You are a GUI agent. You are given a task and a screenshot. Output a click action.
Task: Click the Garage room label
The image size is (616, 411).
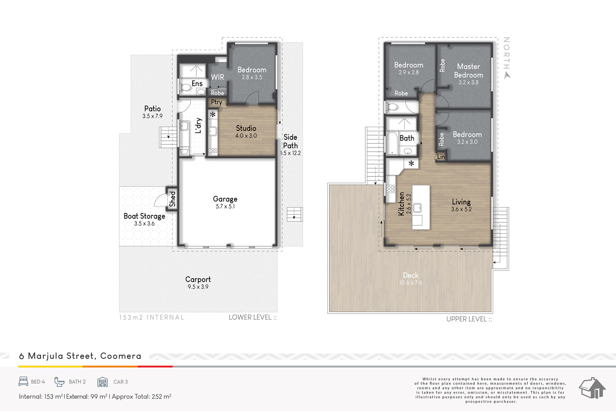[x=225, y=199]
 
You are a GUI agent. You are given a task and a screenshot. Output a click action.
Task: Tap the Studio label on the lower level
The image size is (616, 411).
[x=246, y=128]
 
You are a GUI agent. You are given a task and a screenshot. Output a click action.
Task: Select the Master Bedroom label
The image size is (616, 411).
[x=468, y=71]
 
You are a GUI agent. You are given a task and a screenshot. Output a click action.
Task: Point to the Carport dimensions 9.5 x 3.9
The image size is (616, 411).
[x=198, y=287]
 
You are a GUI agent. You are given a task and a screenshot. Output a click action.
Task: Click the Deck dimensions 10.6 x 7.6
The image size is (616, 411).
[x=410, y=282]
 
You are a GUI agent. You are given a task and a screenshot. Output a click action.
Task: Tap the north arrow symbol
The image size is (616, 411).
[x=507, y=75]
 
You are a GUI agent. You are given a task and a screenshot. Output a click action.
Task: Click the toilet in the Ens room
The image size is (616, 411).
[x=185, y=88]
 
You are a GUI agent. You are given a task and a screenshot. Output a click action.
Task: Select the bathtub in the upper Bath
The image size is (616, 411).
[x=392, y=143]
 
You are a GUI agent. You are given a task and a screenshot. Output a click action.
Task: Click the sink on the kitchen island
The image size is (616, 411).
[x=417, y=208]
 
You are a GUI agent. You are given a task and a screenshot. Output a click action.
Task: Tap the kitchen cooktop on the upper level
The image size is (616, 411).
[x=390, y=189]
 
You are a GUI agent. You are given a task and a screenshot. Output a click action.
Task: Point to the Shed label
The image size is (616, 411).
[x=172, y=199]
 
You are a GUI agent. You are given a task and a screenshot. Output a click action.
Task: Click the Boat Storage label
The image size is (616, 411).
[x=144, y=216]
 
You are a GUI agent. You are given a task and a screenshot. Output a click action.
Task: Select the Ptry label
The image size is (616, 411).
[x=216, y=102]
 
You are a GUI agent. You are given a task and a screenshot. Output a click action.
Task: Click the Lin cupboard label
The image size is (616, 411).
[x=441, y=156]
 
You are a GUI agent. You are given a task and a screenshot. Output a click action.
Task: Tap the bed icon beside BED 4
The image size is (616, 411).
[x=23, y=382]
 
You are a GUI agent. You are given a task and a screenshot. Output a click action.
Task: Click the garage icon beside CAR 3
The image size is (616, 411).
[x=102, y=382]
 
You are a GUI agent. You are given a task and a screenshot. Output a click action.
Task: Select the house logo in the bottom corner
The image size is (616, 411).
[x=592, y=388]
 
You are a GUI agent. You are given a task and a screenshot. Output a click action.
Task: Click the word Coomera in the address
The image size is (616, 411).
[x=121, y=356]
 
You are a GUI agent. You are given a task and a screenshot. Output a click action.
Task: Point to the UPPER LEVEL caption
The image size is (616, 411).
[x=467, y=319]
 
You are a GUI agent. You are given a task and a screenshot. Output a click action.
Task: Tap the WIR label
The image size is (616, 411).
[x=217, y=77]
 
